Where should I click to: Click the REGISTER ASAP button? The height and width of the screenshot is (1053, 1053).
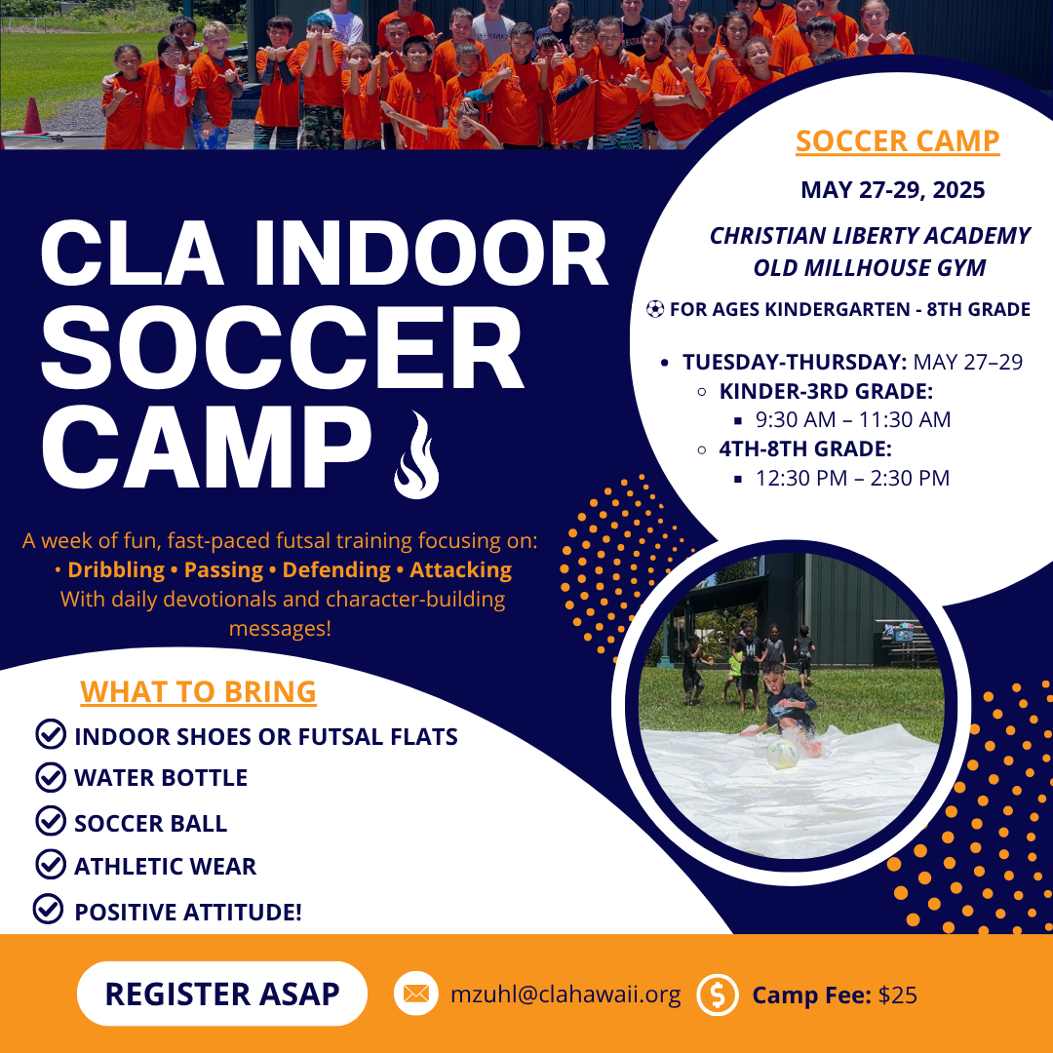click(x=221, y=994)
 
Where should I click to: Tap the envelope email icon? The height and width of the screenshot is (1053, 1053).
click(x=415, y=994)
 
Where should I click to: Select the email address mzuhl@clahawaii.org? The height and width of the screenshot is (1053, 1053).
click(x=565, y=994)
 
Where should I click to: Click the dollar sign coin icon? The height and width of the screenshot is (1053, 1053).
click(x=718, y=994)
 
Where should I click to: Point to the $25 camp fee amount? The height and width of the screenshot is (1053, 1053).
click(x=897, y=994)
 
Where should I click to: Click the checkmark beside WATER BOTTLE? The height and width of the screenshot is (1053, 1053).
click(x=51, y=777)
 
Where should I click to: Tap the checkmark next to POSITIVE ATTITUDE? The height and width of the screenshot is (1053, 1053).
click(x=49, y=910)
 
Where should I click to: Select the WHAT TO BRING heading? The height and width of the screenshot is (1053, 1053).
click(x=198, y=691)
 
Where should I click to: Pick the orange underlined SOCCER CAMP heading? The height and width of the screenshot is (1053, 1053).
click(x=898, y=141)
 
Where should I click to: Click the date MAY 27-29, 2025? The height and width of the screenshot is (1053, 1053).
click(x=892, y=190)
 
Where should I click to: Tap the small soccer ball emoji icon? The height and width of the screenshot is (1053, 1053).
click(x=655, y=309)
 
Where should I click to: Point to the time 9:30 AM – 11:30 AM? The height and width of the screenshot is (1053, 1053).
click(x=853, y=419)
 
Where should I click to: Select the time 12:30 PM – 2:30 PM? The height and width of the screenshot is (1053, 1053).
click(x=852, y=478)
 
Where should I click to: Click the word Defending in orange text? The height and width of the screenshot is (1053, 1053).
click(x=336, y=569)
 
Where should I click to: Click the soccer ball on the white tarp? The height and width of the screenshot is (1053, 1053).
click(x=782, y=754)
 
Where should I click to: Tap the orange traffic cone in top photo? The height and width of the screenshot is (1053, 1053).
click(x=31, y=116)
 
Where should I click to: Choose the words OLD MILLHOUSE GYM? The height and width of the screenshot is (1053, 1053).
click(x=870, y=268)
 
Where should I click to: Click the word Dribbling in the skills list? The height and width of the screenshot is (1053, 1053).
click(x=116, y=569)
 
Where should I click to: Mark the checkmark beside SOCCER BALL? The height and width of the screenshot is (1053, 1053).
click(x=51, y=821)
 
